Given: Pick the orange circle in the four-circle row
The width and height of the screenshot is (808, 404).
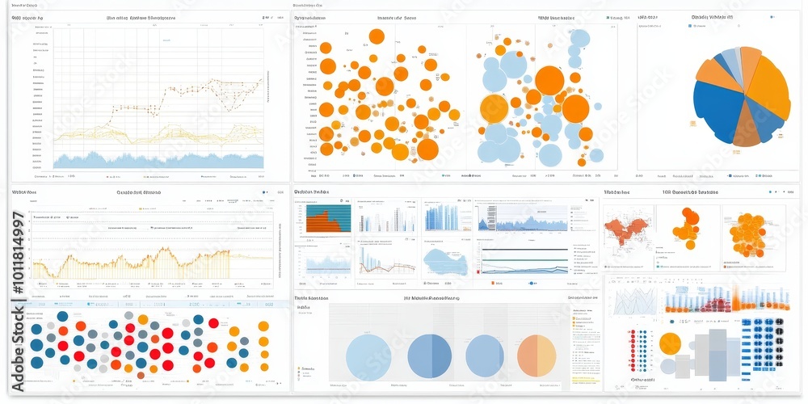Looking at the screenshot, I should [537, 356].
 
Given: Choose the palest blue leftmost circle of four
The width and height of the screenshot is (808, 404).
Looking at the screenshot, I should [368, 357].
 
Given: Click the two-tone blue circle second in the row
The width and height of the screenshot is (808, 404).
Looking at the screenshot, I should [429, 356].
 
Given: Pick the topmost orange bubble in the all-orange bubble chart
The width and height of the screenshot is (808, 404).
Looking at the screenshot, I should [376, 36].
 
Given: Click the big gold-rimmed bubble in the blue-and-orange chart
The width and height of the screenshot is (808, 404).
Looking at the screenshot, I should [494, 108].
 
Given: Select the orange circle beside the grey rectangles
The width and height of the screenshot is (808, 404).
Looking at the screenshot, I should [670, 343].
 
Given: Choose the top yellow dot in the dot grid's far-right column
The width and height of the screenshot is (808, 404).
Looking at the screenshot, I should [263, 326].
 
